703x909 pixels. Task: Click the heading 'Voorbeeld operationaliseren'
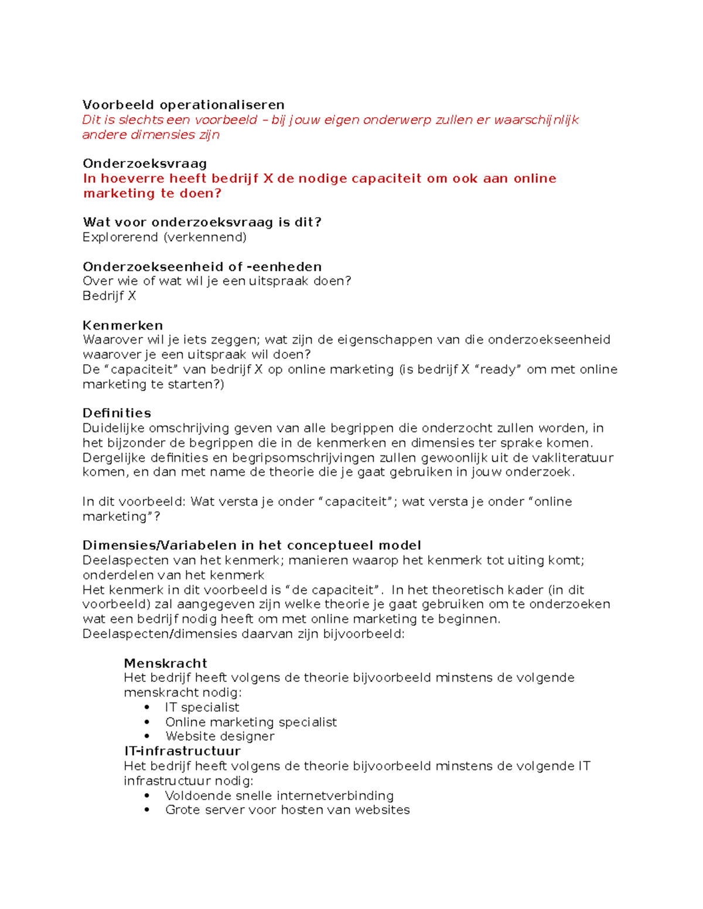click(x=183, y=105)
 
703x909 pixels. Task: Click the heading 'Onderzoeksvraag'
click(x=145, y=163)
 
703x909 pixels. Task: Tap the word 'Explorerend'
click(x=121, y=237)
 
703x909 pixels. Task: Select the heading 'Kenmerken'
click(x=122, y=325)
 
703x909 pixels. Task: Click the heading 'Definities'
click(x=117, y=413)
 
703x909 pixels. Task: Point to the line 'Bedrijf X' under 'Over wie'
click(x=109, y=296)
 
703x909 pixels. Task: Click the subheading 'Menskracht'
click(x=165, y=663)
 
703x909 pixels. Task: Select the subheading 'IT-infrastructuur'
click(x=182, y=751)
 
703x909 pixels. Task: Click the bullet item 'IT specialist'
click(x=202, y=707)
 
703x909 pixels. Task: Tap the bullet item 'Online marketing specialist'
click(x=251, y=722)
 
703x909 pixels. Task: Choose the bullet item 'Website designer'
click(x=220, y=736)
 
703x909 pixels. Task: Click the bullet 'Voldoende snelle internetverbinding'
click(x=279, y=795)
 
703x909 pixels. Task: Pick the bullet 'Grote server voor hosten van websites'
click(x=287, y=810)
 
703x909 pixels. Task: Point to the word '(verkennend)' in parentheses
click(x=204, y=237)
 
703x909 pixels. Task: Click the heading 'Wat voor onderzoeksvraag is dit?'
click(x=202, y=222)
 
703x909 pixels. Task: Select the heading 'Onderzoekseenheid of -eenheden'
click(x=202, y=267)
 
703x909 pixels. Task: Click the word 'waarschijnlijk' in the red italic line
click(x=536, y=120)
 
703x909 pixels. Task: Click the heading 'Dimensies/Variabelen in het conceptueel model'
click(x=252, y=546)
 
